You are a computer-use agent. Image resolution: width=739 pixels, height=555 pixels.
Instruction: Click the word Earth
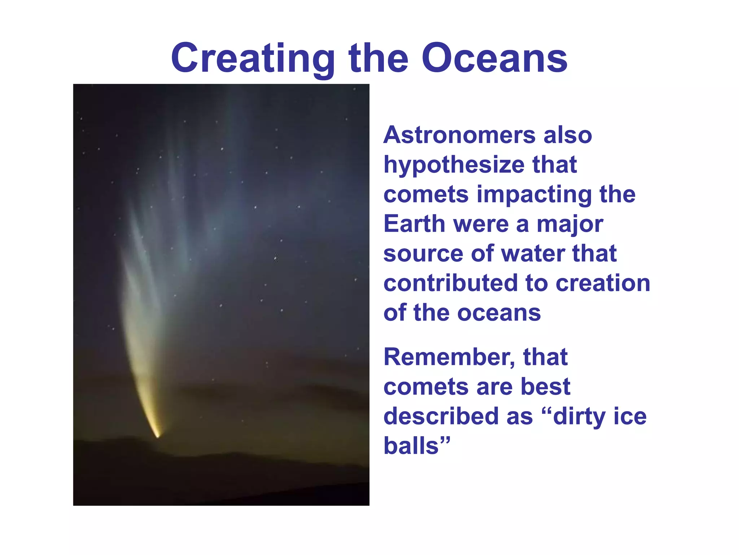pos(414,224)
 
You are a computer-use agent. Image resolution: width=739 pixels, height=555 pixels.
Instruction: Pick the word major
pos(570,225)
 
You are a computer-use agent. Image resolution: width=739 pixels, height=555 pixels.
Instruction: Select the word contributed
pos(451,283)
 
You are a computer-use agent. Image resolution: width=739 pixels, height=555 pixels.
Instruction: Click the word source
pos(423,254)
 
